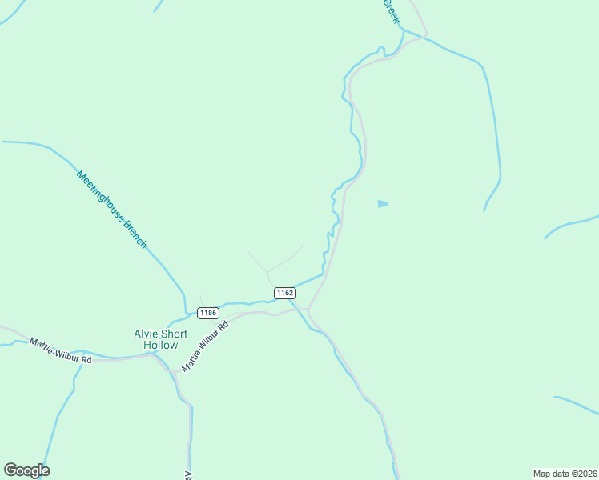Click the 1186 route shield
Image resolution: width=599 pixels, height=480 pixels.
[x=208, y=312]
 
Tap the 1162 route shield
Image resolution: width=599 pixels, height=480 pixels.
[x=284, y=293]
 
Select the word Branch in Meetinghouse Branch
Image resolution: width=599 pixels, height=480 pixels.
[x=135, y=233]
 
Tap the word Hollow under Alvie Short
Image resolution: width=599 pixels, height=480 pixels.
[x=160, y=345]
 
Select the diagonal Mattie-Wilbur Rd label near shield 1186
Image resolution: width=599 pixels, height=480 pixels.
[x=205, y=346]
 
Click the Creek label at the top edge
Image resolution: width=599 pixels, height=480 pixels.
[x=390, y=10]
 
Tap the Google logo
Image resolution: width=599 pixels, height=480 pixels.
[x=26, y=470]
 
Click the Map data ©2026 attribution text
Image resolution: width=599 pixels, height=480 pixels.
[x=565, y=473]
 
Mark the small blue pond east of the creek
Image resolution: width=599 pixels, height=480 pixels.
[x=383, y=204]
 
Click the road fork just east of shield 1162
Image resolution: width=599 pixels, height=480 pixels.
[x=309, y=309]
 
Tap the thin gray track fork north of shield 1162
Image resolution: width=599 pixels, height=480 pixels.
[x=267, y=271]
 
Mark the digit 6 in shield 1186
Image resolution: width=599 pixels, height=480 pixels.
[x=215, y=312]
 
